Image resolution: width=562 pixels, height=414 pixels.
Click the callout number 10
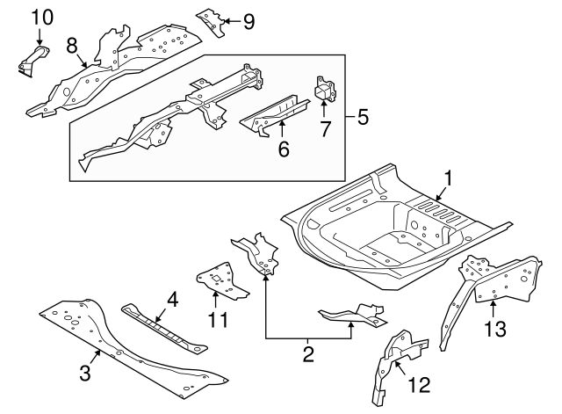42,18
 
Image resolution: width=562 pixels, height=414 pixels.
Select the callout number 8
72,46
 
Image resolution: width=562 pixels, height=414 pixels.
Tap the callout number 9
249,21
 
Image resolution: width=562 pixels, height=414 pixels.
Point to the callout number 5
363,117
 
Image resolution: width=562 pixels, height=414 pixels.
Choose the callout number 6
284,149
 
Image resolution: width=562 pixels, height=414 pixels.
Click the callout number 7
325,129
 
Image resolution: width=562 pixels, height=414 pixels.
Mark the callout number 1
448,178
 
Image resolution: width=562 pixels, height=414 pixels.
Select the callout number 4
172,300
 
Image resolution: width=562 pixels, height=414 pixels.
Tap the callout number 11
218,320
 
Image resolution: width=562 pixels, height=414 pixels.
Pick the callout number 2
308,354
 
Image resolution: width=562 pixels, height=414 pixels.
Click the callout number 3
85,373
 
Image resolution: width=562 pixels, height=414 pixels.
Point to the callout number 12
419,385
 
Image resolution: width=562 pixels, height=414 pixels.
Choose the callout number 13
495,329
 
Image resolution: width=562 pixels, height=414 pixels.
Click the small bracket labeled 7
325,88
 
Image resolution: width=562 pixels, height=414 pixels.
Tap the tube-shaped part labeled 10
34,62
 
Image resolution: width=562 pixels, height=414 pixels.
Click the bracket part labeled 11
222,280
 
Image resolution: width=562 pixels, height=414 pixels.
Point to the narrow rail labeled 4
164,328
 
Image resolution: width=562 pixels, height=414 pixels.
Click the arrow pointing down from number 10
40,37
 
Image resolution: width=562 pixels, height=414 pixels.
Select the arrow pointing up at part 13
494,309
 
